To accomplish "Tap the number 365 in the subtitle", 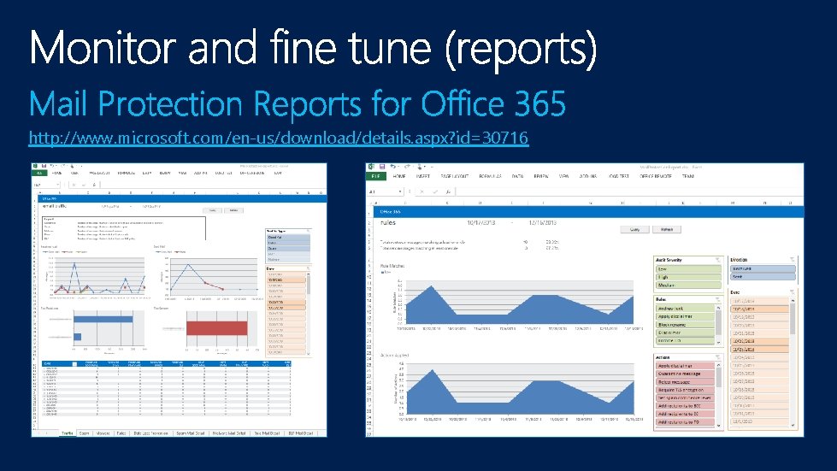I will pyautogui.click(x=539, y=106).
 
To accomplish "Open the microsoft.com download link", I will pyautogui.click(x=278, y=138).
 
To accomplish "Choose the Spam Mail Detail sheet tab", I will pyautogui.click(x=191, y=433).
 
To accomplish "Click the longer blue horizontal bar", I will pyautogui.click(x=86, y=333).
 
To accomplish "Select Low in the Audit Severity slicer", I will pyautogui.click(x=687, y=268).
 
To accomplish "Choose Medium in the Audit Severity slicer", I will pyautogui.click(x=687, y=286).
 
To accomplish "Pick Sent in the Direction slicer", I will pyautogui.click(x=762, y=277).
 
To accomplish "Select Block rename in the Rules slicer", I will pyautogui.click(x=687, y=325).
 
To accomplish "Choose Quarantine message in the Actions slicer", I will pyautogui.click(x=687, y=374).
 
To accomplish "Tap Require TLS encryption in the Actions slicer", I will pyautogui.click(x=687, y=390).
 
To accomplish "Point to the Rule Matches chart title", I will pyautogui.click(x=392, y=266).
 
